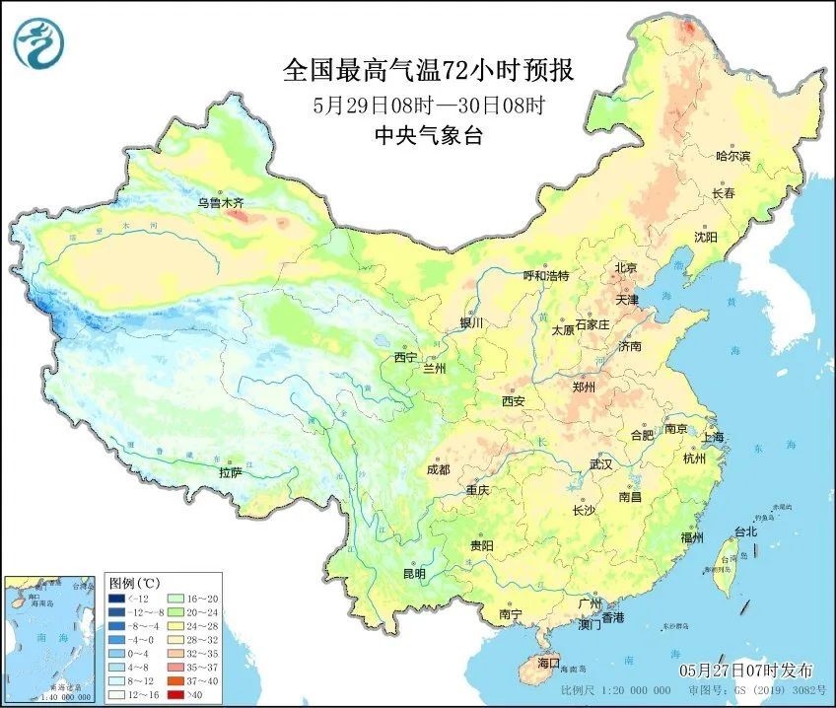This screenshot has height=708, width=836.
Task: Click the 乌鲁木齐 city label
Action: pyautogui.click(x=219, y=203)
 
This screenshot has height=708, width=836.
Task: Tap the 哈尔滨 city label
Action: pyautogui.click(x=732, y=156)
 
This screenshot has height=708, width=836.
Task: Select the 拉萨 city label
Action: pyautogui.click(x=230, y=472)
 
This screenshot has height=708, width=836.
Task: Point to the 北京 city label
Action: pyautogui.click(x=626, y=267)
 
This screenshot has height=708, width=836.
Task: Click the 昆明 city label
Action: pyautogui.click(x=414, y=574)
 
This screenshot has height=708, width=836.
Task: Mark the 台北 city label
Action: pyautogui.click(x=744, y=531)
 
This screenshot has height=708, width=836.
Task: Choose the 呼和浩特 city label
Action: pyautogui.click(x=545, y=276)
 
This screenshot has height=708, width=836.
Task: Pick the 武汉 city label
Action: pyautogui.click(x=600, y=463)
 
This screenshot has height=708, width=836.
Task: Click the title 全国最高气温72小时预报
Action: pyautogui.click(x=428, y=71)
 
